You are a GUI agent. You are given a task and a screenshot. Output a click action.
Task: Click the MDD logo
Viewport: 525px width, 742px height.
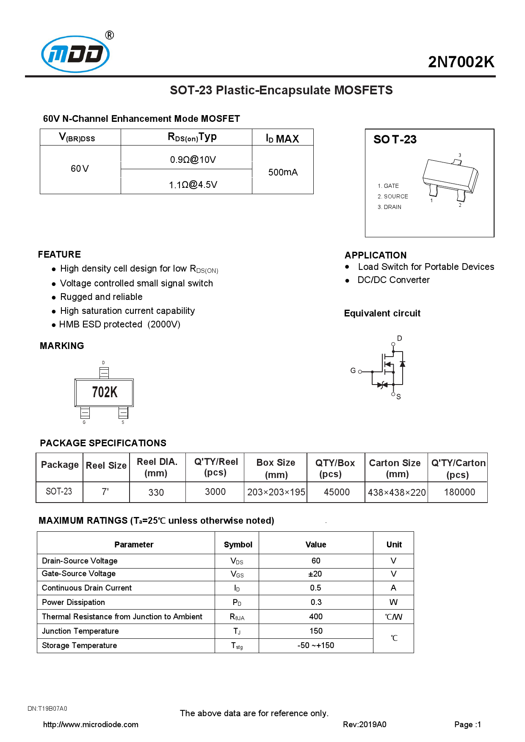click(75, 54)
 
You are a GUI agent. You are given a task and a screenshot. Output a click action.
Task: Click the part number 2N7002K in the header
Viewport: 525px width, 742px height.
click(461, 62)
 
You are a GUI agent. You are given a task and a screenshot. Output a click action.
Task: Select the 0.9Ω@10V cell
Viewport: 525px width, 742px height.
click(193, 159)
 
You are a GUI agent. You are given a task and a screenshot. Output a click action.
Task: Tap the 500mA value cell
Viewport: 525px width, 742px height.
click(283, 172)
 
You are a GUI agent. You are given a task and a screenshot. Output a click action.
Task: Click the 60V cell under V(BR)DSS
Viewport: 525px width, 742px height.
click(80, 169)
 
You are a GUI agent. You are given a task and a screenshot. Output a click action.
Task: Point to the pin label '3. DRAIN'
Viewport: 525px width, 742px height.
click(389, 207)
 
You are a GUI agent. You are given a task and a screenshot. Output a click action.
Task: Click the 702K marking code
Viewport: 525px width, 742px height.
click(105, 392)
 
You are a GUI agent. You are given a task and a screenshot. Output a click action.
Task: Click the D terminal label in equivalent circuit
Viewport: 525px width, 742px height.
click(399, 338)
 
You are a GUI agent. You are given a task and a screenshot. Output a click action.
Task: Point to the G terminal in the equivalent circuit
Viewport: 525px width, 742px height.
click(353, 371)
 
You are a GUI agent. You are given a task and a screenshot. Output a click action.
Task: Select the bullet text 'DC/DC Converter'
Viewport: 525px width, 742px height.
click(393, 280)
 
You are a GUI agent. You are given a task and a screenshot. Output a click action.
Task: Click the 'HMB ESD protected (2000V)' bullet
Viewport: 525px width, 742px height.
click(120, 324)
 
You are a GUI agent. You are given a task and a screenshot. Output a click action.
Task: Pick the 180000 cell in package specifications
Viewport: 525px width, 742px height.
click(459, 492)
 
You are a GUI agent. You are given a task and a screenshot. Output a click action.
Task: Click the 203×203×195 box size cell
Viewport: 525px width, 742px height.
click(276, 492)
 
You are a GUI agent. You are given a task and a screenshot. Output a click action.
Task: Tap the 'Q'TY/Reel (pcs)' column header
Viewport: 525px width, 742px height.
click(216, 467)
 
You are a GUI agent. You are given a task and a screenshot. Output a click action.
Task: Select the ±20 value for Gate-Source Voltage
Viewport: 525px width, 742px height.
click(315, 574)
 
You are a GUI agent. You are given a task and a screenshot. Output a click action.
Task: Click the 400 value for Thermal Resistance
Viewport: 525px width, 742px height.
click(315, 617)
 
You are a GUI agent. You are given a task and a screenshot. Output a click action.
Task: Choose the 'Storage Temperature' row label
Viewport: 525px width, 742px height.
click(79, 646)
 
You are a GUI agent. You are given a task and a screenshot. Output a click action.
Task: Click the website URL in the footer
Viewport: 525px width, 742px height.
click(91, 724)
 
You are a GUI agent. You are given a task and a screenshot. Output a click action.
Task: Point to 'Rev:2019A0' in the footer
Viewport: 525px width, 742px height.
click(364, 724)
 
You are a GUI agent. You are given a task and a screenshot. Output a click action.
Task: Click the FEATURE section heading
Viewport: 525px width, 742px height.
click(59, 254)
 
